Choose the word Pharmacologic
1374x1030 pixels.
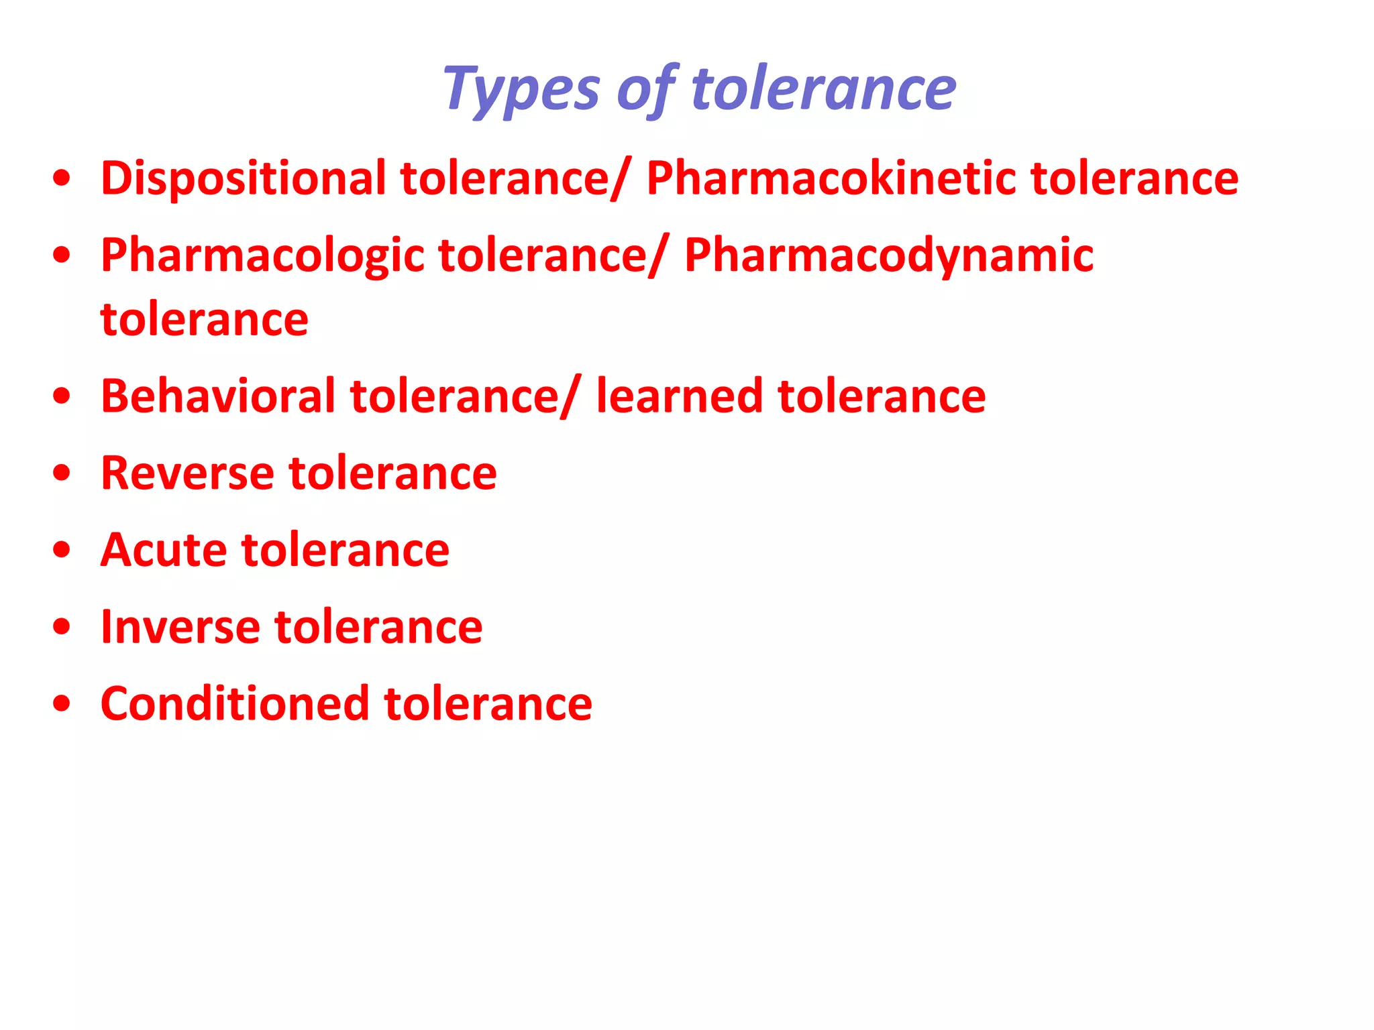[262, 255]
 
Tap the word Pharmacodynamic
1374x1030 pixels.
[889, 255]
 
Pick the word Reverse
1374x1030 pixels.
[187, 473]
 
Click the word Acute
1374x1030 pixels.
[164, 550]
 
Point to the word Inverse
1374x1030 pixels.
[180, 627]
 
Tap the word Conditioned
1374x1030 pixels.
[235, 704]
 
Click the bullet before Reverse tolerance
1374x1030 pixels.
[62, 473]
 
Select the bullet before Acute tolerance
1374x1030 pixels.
[62, 551]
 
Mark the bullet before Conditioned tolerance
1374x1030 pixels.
[62, 705]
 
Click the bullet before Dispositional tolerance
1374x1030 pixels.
[62, 179]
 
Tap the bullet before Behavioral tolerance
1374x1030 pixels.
[62, 396]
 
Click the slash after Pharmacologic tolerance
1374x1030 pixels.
[658, 257]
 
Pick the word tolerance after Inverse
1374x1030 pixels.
[378, 627]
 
